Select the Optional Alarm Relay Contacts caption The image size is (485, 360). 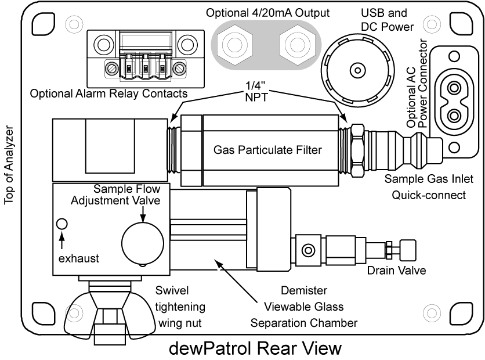(108, 93)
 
